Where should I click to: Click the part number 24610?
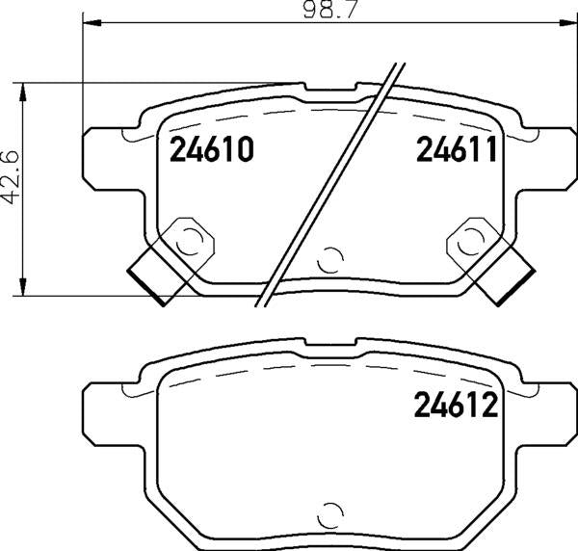[212, 149]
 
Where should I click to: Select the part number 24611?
[457, 149]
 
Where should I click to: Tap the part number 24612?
[456, 405]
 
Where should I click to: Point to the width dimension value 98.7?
[330, 10]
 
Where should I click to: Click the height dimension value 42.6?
[12, 177]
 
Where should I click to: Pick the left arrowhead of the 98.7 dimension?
[92, 23]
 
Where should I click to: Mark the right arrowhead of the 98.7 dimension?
[568, 23]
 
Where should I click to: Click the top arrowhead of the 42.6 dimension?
[23, 92]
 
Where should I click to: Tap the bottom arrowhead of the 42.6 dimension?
[23, 286]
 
